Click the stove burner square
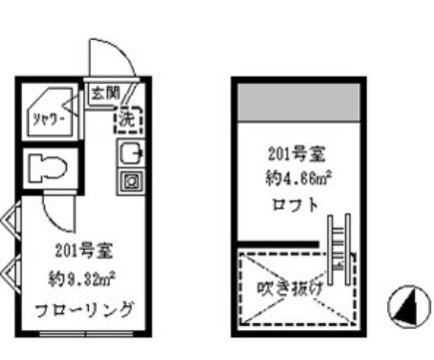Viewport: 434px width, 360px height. pyautogui.click(x=131, y=181)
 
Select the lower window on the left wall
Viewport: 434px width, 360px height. pyautogui.click(x=9, y=269)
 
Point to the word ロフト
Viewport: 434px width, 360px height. pyautogui.click(x=294, y=206)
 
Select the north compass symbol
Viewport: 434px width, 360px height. pyautogui.click(x=404, y=309)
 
